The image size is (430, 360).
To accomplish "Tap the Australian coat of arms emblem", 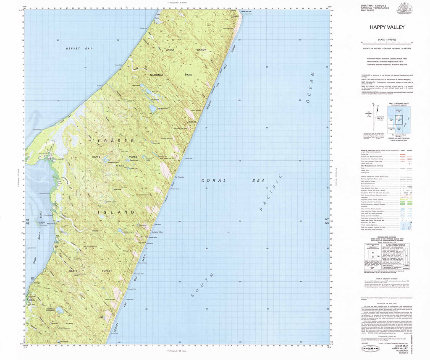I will tap(405, 9).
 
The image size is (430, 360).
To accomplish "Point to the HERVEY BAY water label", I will tap(79, 49).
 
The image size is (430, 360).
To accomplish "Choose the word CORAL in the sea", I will tap(214, 180).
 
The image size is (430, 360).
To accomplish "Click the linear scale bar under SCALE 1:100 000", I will tap(387, 43).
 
